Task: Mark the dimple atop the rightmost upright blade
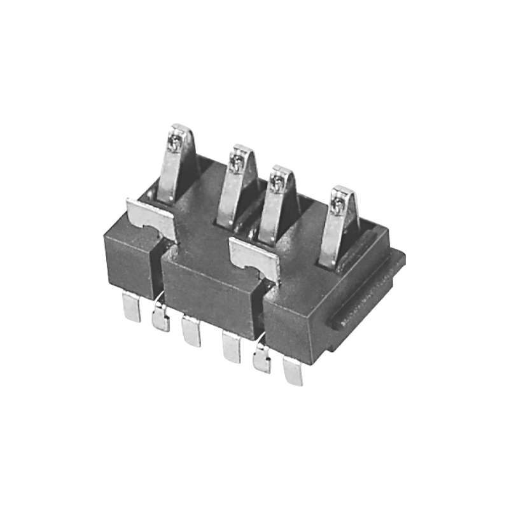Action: point(339,204)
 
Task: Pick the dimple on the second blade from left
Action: point(237,163)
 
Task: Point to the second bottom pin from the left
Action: point(160,318)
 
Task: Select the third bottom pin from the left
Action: point(190,330)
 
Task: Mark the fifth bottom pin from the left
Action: point(261,359)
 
